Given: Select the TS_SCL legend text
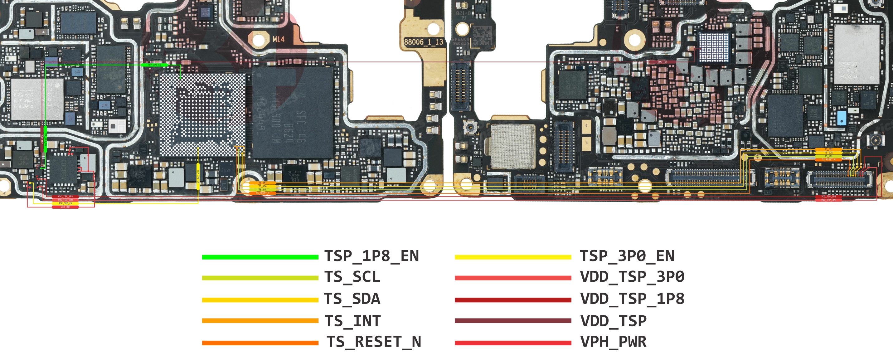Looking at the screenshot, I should point(352,277).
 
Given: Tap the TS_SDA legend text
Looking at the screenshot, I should point(352,299).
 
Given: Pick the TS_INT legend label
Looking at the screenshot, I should point(352,320).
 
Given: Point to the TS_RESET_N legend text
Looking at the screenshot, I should point(373,342).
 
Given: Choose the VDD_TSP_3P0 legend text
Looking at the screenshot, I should point(632,277).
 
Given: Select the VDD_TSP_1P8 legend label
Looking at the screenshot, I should point(632,299).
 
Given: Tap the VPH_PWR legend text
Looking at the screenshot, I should point(613,342).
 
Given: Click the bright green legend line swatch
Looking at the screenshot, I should point(260,257).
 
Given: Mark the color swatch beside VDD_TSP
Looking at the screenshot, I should point(513,321).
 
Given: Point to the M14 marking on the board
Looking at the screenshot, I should point(278,39).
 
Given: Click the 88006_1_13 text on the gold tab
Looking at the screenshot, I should point(423,42).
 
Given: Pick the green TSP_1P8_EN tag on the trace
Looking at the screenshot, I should point(154,65).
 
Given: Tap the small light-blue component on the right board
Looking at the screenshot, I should point(841,118).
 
